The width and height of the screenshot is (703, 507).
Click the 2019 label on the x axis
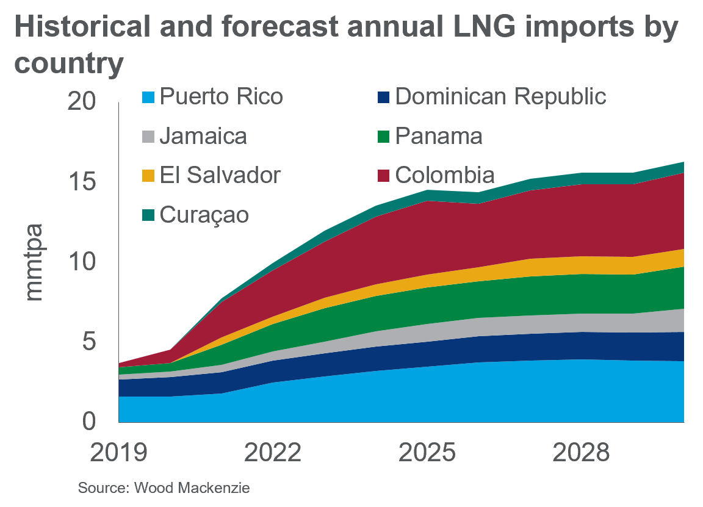pos(119,453)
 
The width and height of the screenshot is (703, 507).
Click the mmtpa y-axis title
pos(35,262)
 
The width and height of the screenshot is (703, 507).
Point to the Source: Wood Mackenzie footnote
pos(164,488)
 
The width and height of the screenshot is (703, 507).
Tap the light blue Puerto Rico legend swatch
pos(148,98)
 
